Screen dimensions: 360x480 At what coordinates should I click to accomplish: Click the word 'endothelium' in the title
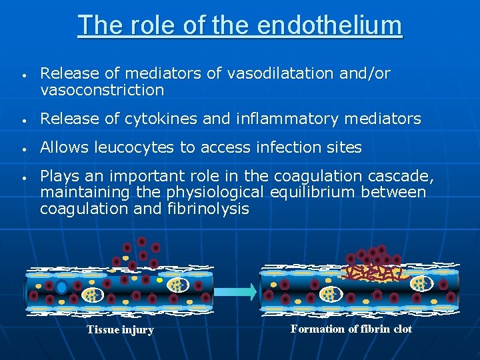(329, 25)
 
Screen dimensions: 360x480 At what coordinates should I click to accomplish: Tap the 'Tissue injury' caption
(120, 330)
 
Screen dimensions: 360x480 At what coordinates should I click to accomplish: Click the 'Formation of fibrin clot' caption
(351, 329)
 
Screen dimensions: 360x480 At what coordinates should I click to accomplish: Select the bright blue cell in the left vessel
(61, 288)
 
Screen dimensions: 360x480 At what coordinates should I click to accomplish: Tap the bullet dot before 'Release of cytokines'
(23, 120)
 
